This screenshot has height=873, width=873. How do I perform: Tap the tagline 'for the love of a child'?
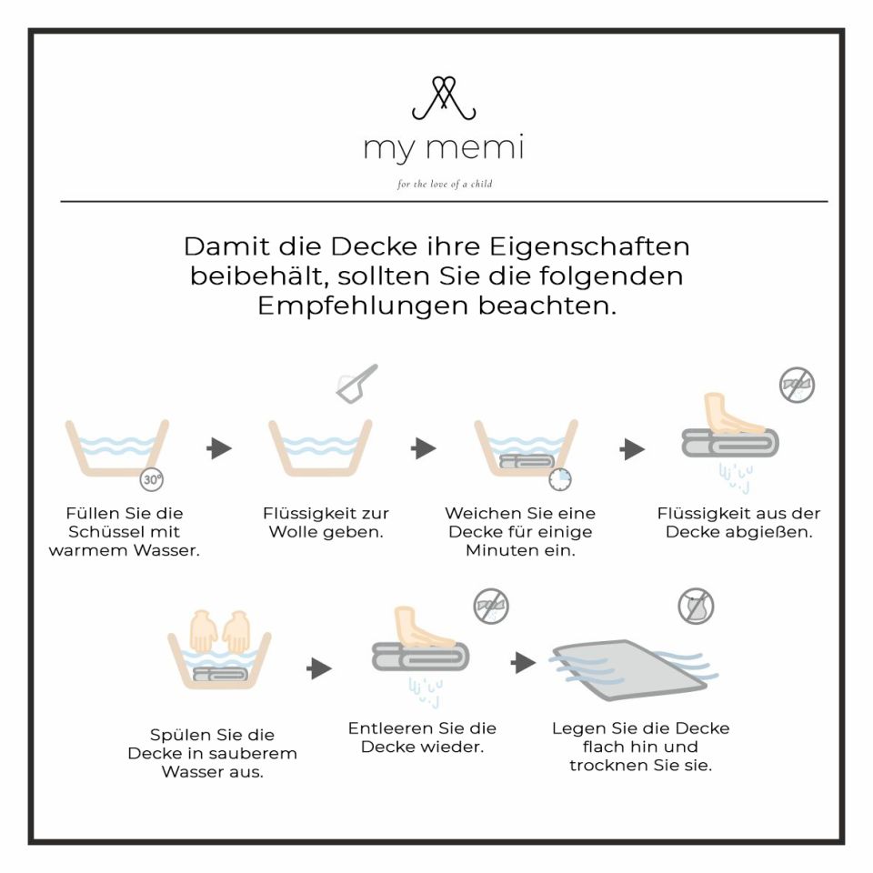(x=445, y=185)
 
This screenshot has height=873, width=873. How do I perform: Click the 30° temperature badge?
(x=151, y=479)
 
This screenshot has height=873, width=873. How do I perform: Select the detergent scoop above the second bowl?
(x=356, y=383)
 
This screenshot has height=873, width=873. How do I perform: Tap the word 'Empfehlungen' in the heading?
(x=363, y=306)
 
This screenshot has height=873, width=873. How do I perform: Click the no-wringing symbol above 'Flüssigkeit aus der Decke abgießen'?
(x=797, y=385)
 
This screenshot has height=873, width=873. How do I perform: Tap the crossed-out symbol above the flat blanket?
(x=696, y=606)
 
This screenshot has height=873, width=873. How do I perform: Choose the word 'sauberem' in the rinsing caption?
(x=256, y=754)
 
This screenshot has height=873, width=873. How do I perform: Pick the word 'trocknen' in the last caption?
(x=608, y=766)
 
